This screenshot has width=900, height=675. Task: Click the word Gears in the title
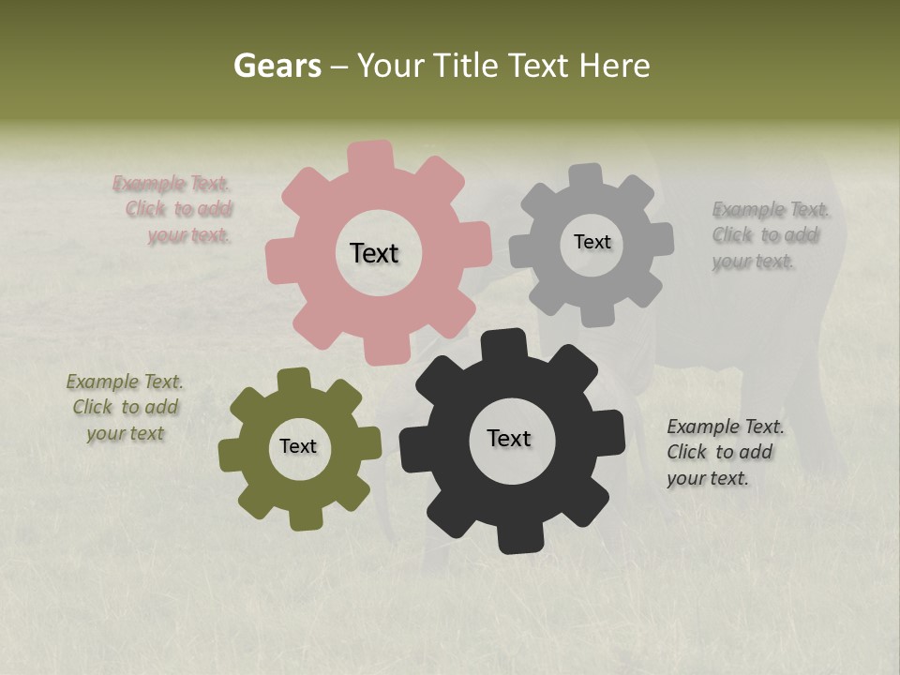[x=277, y=66]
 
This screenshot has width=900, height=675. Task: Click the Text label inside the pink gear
[x=374, y=253]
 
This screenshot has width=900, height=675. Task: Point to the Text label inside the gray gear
[x=592, y=242]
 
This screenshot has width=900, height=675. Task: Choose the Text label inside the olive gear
[x=298, y=446]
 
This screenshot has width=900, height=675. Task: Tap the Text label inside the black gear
[x=509, y=438]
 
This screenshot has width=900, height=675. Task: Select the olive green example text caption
[x=126, y=408]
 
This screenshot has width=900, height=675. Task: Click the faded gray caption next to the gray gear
[x=767, y=234]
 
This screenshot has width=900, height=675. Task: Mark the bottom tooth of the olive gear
[x=304, y=517]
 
